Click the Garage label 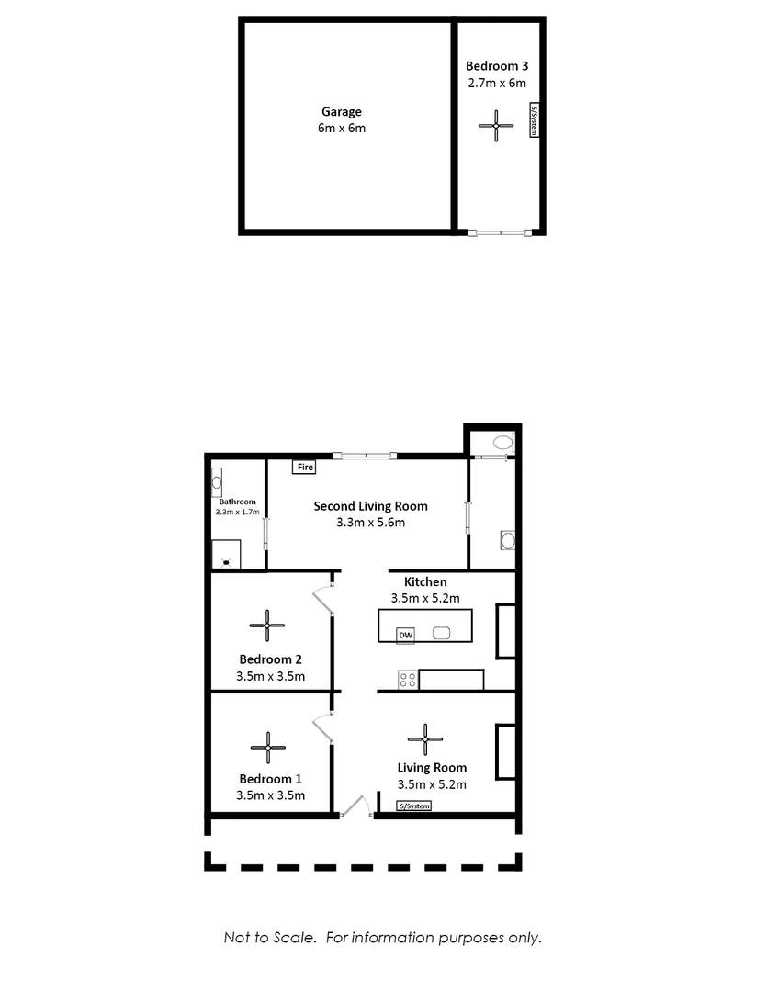click(341, 112)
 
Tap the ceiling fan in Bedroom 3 click(496, 126)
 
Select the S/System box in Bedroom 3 click(533, 120)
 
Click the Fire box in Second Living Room click(304, 468)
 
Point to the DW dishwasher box click(405, 634)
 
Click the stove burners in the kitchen click(407, 680)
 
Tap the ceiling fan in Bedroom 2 click(267, 626)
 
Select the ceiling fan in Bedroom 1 click(267, 747)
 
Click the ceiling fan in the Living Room click(425, 738)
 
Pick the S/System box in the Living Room click(413, 806)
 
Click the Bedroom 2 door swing click(322, 598)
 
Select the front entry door click(355, 806)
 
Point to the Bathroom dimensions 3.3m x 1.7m click(238, 512)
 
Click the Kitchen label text click(425, 581)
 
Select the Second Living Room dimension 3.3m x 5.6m click(371, 523)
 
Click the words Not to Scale click(271, 938)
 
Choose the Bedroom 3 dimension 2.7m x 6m click(496, 83)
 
